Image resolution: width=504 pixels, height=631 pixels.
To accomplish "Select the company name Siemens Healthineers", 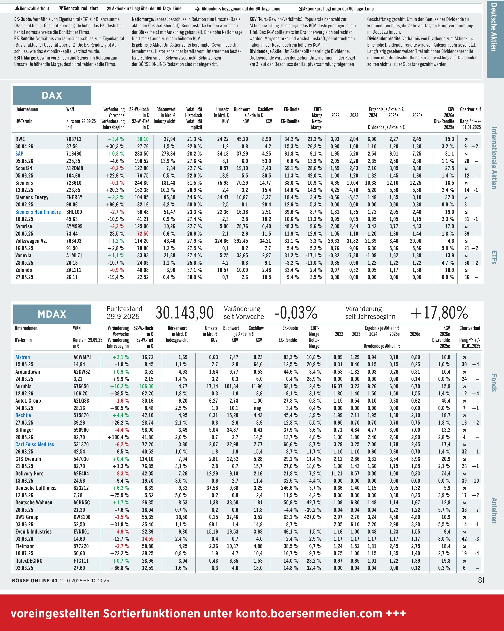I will tap(38, 212).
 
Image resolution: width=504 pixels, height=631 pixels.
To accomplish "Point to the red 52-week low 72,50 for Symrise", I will tap(143, 234).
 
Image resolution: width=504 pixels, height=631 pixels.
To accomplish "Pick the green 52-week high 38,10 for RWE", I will tap(143, 139).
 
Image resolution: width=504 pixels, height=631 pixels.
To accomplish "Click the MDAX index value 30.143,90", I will tap(184, 313).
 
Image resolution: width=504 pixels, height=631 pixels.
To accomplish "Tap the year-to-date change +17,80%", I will tap(439, 313).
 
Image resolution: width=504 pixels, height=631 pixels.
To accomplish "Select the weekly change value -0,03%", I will tap(296, 313).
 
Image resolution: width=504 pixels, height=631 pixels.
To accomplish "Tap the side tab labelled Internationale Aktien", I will tap(494, 158).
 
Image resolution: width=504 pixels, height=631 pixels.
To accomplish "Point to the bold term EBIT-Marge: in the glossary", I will tap(25, 58).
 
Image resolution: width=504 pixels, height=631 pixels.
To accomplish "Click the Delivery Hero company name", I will tap(29, 474).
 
